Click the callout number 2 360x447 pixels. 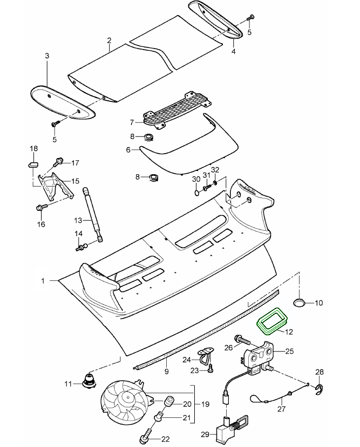point(109,40)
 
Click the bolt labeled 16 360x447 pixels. point(41,208)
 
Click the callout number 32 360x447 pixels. point(215,170)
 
